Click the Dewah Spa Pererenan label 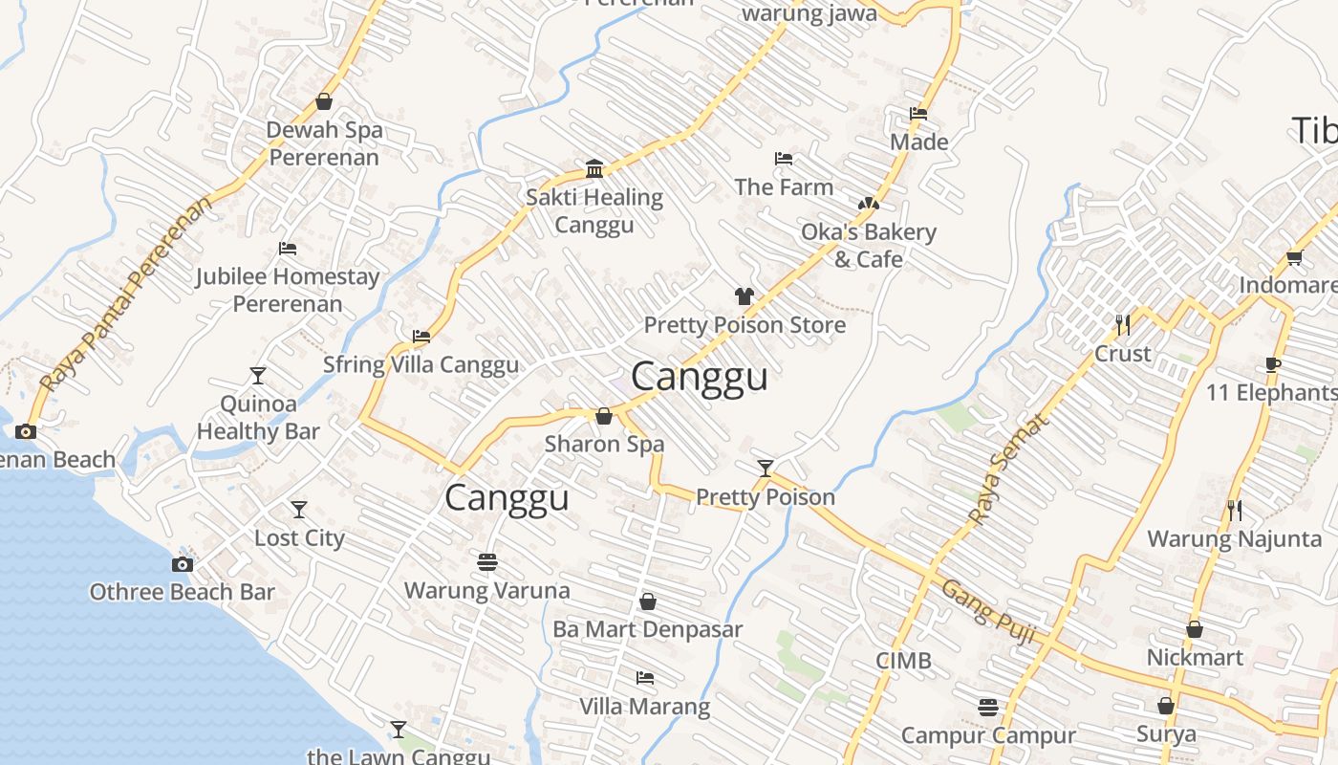click(324, 143)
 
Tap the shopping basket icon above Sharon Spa click(604, 416)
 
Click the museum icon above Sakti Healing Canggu click(594, 169)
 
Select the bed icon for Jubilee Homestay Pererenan click(288, 249)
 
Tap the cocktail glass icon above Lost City click(299, 510)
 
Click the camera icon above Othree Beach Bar click(182, 564)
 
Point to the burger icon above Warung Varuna click(487, 561)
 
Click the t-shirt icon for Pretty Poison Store click(745, 296)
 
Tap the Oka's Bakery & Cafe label click(868, 246)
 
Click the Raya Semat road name click(1007, 469)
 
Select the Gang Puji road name click(989, 612)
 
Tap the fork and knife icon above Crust click(1123, 325)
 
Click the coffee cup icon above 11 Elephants click(1272, 364)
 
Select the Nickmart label click(1195, 658)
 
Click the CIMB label click(903, 661)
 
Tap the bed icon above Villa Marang click(645, 678)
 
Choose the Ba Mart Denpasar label click(647, 630)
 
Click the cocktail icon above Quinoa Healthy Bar click(258, 375)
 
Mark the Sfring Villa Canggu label click(421, 364)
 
